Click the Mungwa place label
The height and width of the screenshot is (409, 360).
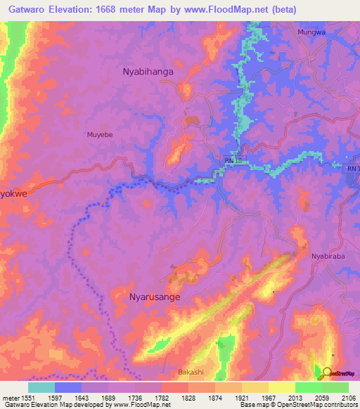pyautogui.click(x=311, y=32)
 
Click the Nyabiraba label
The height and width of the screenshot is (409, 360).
pyautogui.click(x=327, y=257)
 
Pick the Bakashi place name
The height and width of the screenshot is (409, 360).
pyautogui.click(x=191, y=370)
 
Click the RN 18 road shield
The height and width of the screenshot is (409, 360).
pyautogui.click(x=233, y=161)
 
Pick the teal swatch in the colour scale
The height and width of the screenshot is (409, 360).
pyautogui.click(x=41, y=387)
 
